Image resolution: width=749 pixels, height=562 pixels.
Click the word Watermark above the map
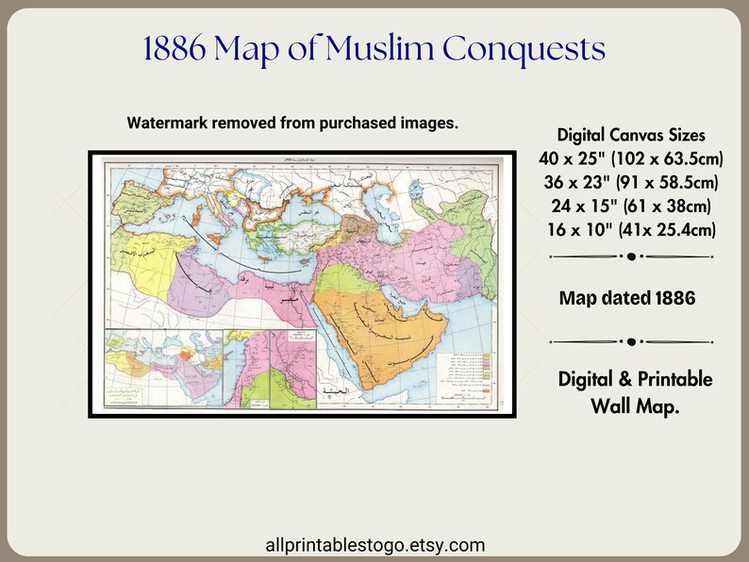point(171,124)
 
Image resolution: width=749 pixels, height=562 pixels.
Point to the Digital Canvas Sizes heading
point(630,134)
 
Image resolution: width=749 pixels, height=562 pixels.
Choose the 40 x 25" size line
point(630,157)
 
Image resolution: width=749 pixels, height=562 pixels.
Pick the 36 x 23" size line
point(630,181)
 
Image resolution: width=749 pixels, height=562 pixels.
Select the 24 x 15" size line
point(630,205)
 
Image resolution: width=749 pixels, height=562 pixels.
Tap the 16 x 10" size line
point(630,229)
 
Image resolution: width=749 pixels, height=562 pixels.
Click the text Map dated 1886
point(627,298)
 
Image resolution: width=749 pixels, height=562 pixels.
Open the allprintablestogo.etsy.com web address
point(376,544)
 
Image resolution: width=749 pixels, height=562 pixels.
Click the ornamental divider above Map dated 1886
point(630,256)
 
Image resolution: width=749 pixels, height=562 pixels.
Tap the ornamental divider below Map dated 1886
point(630,340)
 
